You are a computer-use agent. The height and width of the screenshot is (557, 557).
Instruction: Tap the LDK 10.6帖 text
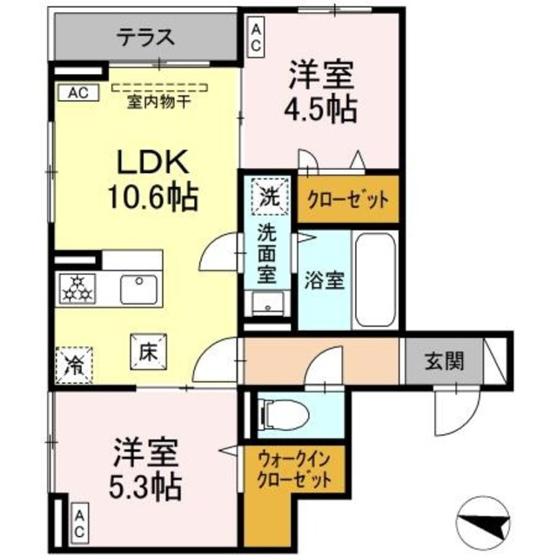[x=151, y=178]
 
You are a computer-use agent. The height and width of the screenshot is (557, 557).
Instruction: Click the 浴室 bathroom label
[x=324, y=281]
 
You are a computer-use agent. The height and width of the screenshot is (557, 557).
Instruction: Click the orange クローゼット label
[x=347, y=198]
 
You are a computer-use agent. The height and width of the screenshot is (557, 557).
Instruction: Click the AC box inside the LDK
[x=72, y=91]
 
